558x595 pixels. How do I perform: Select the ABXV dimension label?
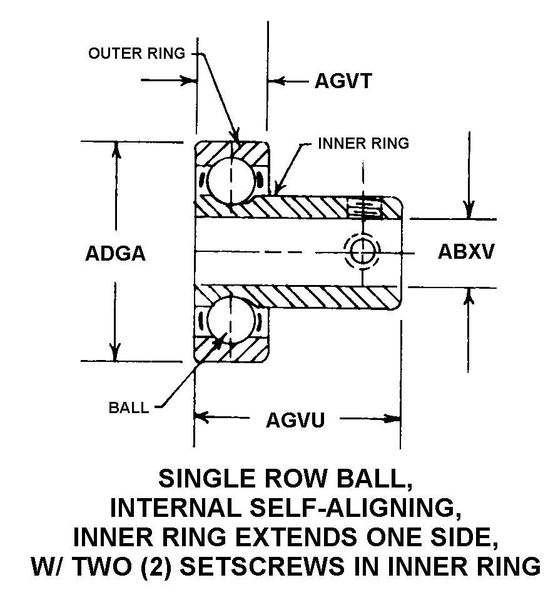466,251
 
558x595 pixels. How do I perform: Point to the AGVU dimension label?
295,419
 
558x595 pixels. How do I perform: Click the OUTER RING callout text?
137,53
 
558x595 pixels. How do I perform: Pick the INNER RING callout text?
363,143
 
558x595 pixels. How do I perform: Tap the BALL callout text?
129,408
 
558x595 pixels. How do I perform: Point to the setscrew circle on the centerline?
362,251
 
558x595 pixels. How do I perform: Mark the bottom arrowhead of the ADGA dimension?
116,354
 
